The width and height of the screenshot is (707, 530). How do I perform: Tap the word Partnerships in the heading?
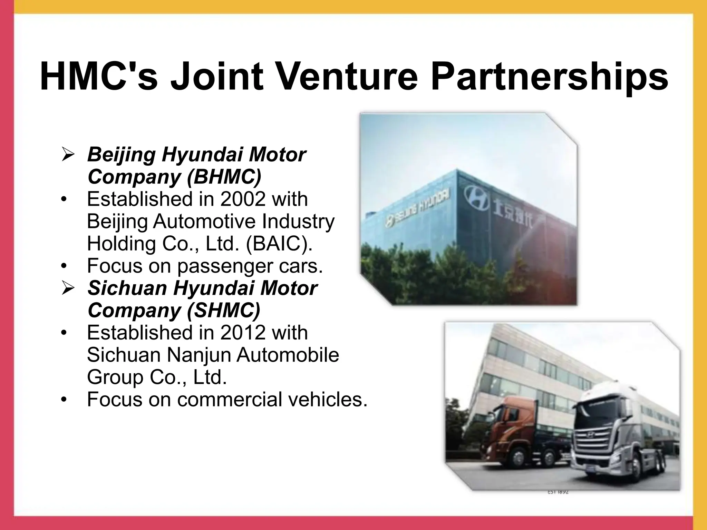[x=549, y=77]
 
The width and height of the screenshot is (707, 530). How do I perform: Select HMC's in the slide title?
[x=99, y=77]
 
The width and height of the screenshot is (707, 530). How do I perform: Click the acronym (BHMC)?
[x=224, y=177]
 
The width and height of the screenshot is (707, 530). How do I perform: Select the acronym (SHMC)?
[x=223, y=310]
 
